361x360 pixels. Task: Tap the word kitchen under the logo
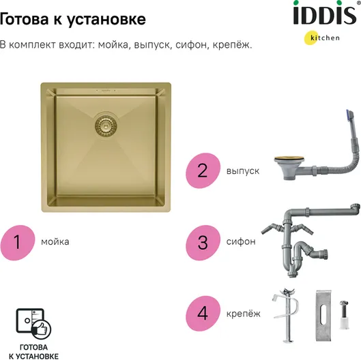pos(325,37)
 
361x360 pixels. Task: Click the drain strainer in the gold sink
pos(106,125)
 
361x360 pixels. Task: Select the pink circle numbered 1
pos(18,243)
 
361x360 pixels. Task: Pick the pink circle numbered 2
pos(203,170)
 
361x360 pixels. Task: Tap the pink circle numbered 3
pos(203,243)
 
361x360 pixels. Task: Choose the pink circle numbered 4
pos(203,314)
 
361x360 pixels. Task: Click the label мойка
pos(55,242)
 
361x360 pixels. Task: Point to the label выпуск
pos(243,171)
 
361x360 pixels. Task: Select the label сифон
pos(241,241)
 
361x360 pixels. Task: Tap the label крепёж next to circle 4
pos(244,314)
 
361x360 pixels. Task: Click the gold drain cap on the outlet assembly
pos(289,158)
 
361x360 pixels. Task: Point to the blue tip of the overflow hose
pos(350,115)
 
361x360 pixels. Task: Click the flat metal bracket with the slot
pos(323,316)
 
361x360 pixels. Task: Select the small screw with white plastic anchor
pos(343,314)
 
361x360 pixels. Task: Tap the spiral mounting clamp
pos(287,316)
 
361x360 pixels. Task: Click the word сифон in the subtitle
pos(191,44)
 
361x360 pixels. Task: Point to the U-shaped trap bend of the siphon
pos(293,265)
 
